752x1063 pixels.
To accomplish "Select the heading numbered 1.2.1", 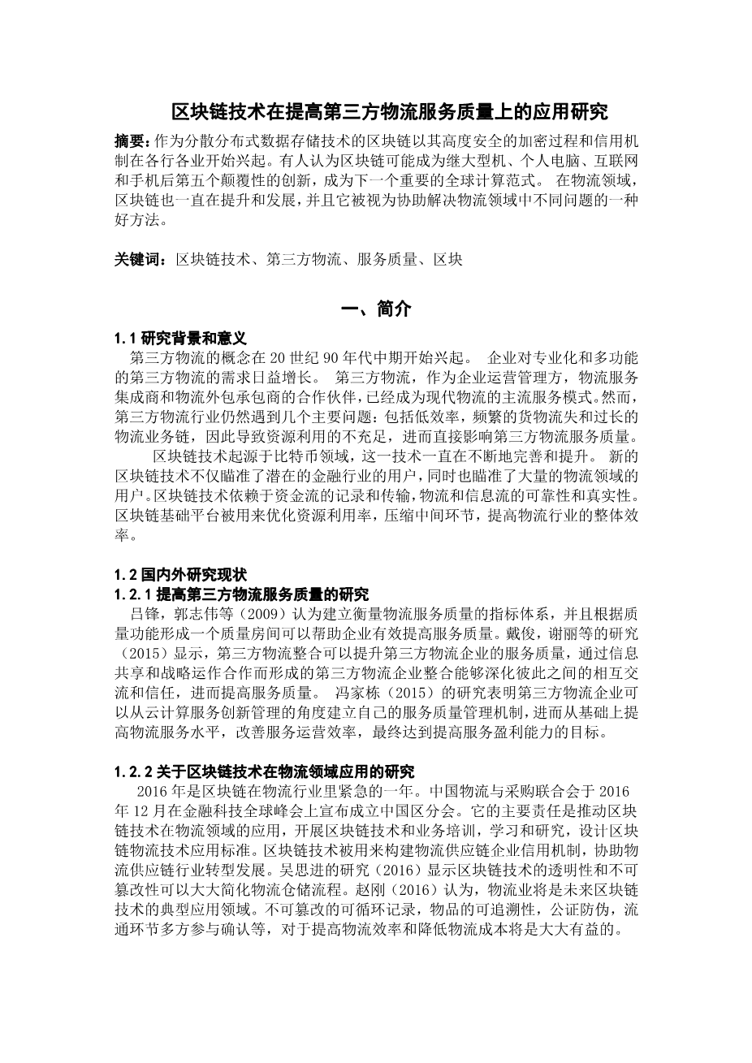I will (x=241, y=594).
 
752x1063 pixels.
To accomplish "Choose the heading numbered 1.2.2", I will (x=265, y=771).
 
